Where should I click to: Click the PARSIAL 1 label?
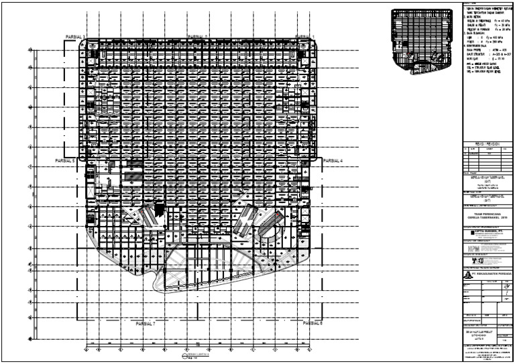pyautogui.click(x=305, y=36)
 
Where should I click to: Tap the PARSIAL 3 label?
pyautogui.click(x=75, y=36)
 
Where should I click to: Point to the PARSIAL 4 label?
pyautogui.click(x=333, y=161)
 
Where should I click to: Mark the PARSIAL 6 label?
pyautogui.click(x=312, y=324)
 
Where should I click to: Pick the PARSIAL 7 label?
pyautogui.click(x=144, y=324)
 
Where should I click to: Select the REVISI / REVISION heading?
pyautogui.click(x=484, y=143)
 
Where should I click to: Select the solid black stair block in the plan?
pyautogui.click(x=159, y=210)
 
